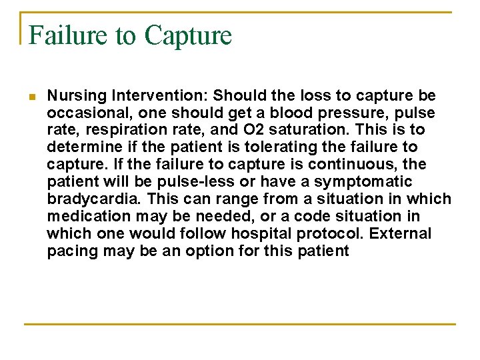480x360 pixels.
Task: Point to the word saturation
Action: (x=291, y=130)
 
